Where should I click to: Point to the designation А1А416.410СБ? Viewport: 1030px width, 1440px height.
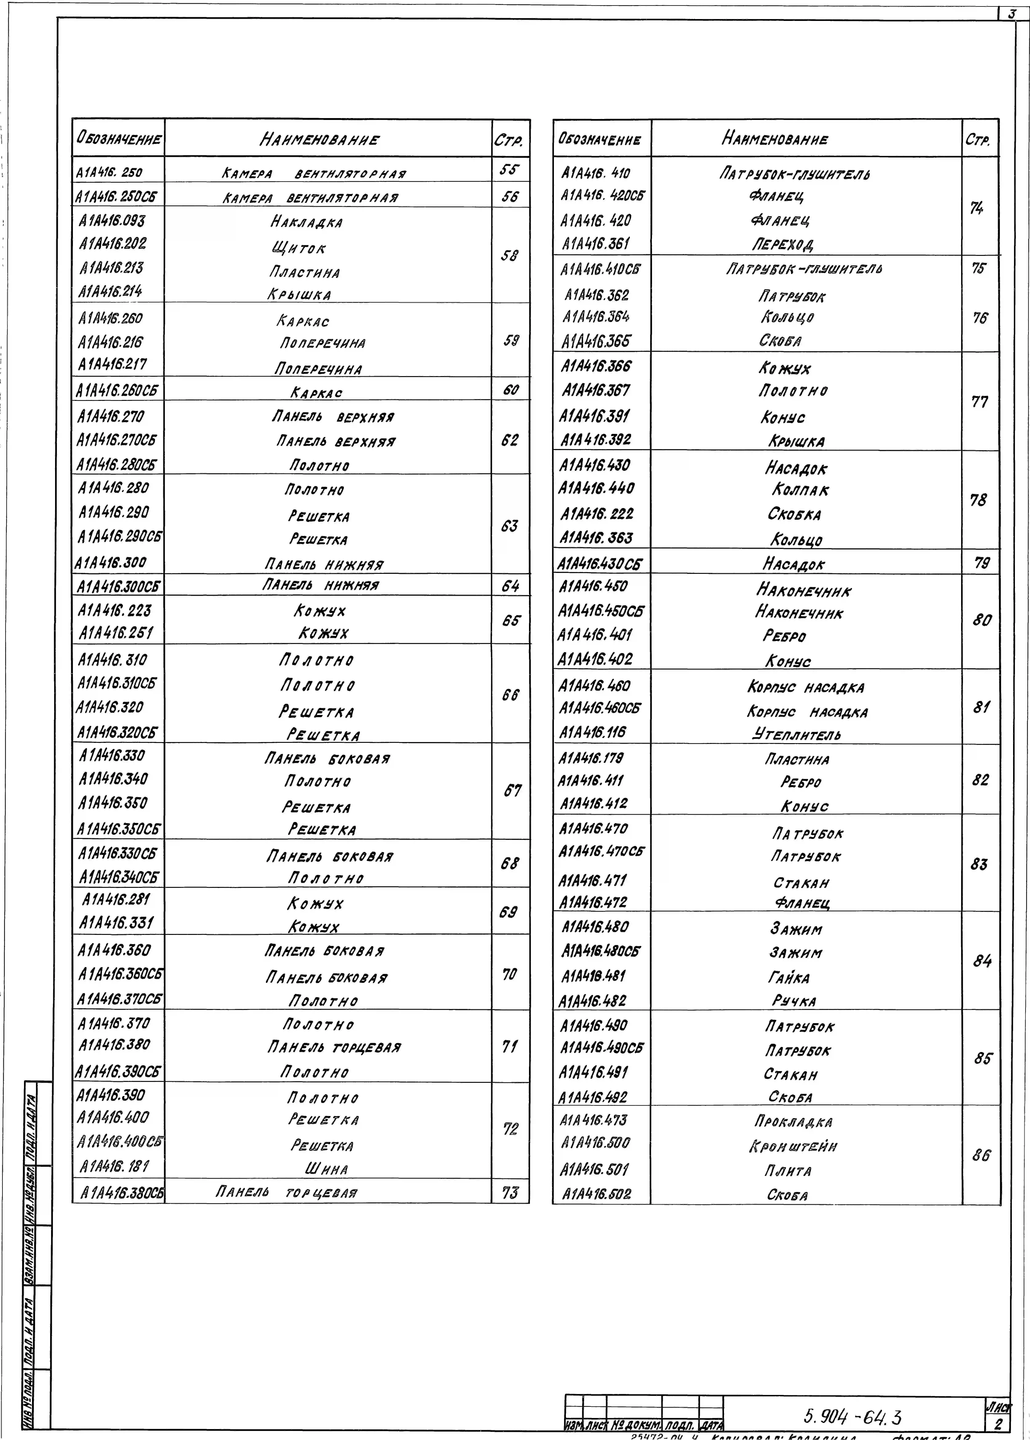coord(600,269)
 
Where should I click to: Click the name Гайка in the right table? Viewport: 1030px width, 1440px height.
coord(789,978)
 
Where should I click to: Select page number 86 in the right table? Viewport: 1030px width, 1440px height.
coord(981,1155)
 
